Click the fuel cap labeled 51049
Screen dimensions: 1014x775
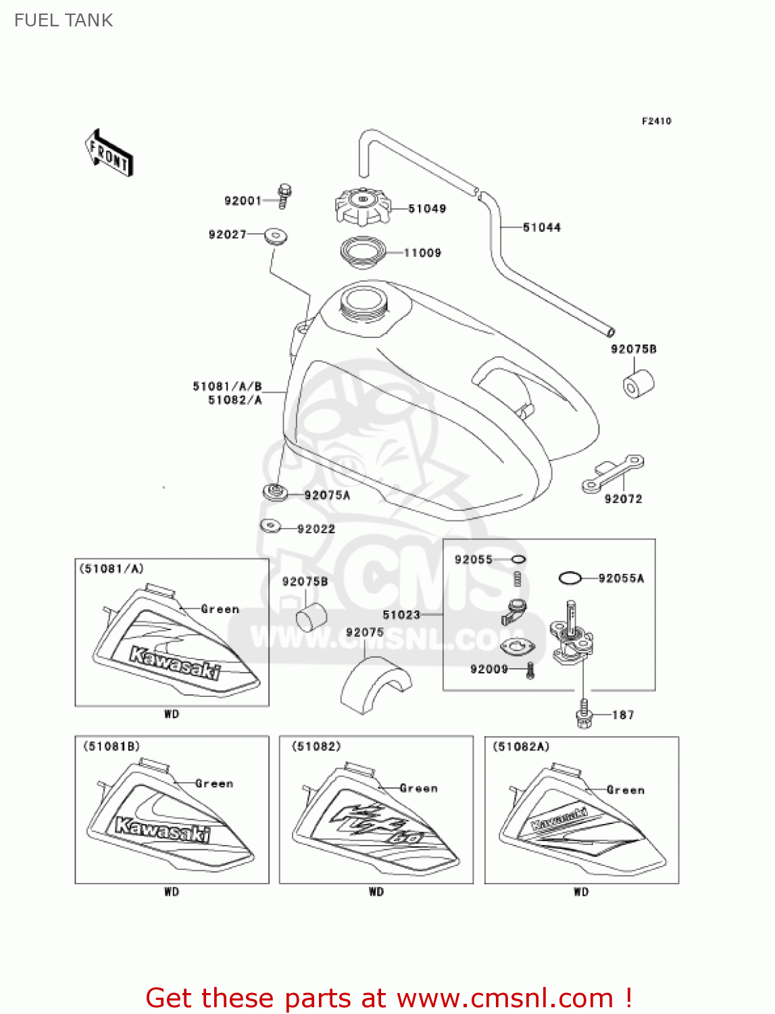[363, 206]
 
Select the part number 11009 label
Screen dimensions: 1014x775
[422, 253]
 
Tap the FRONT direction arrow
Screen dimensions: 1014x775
[109, 153]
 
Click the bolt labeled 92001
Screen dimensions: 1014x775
[284, 196]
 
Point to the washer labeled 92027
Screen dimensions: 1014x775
[275, 236]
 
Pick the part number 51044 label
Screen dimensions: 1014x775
[542, 228]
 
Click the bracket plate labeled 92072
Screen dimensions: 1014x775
[612, 473]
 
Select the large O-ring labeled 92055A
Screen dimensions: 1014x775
[570, 578]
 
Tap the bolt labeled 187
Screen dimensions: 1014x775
[584, 715]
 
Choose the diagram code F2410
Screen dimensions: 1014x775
[656, 121]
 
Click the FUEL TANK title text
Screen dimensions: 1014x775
[64, 20]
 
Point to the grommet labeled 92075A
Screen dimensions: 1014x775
[274, 492]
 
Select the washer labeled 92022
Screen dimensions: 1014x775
[271, 525]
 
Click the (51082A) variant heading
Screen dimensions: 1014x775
[521, 746]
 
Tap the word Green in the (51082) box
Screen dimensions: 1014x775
[418, 788]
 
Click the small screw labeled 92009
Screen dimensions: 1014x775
[530, 671]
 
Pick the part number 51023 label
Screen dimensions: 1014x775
[401, 615]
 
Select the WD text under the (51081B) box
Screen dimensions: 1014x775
[172, 892]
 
